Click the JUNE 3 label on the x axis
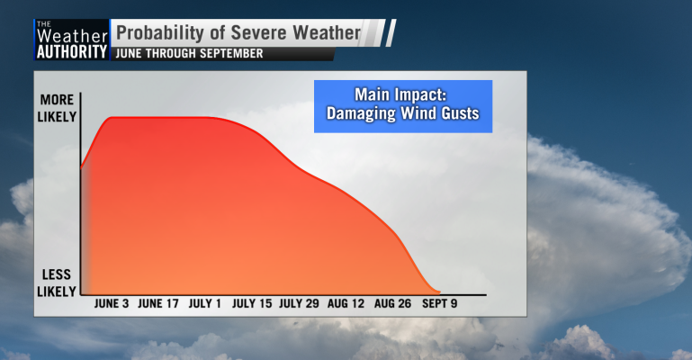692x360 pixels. (x=112, y=303)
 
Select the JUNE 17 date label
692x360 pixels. (x=158, y=303)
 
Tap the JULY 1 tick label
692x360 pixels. (x=205, y=303)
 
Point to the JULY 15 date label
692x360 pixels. (x=252, y=303)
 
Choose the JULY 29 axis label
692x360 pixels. (x=299, y=303)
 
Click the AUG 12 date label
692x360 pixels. (x=346, y=303)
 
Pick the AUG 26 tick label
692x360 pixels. (x=392, y=303)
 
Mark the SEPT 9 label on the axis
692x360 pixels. (x=439, y=303)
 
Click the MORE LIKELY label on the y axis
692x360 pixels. (x=57, y=108)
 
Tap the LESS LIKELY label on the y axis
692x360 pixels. (x=57, y=283)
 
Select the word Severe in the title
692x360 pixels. (x=259, y=32)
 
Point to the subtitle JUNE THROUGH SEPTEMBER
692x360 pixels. (x=189, y=53)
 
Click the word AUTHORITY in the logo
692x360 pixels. (x=72, y=51)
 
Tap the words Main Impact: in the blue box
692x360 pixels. (x=400, y=94)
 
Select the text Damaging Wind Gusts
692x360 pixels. (x=402, y=113)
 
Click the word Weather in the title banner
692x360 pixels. (x=327, y=32)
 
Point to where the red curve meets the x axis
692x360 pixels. (x=439, y=292)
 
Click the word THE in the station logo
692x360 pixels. (x=44, y=23)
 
